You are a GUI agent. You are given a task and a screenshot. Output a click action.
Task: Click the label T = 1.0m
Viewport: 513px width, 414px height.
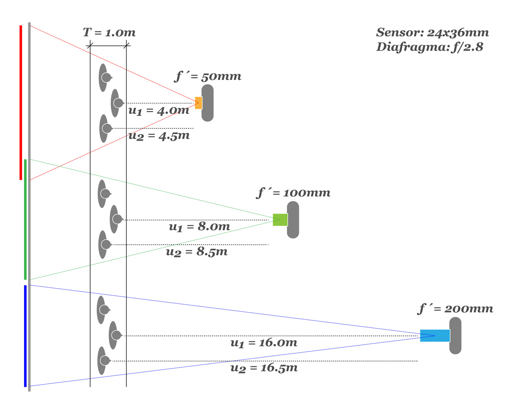pos(109,32)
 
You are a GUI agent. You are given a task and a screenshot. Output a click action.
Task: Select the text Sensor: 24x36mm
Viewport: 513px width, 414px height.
pos(432,32)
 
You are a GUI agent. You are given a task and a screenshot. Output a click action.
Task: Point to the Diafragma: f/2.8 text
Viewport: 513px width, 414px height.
pos(429,47)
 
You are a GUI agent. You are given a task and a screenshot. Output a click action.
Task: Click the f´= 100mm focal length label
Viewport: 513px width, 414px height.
pos(294,193)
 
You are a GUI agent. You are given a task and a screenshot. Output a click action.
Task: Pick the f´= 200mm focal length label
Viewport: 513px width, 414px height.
pos(456,308)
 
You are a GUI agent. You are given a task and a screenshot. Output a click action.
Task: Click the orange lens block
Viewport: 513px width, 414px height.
pos(198,103)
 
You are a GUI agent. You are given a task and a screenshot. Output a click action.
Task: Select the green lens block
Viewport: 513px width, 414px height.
pos(280,219)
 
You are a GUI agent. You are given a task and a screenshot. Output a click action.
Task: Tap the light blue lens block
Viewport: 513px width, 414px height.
pos(434,335)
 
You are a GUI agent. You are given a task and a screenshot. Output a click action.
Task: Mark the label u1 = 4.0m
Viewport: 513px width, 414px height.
pos(159,111)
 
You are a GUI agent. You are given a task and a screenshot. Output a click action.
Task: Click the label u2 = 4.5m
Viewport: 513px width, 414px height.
pos(159,136)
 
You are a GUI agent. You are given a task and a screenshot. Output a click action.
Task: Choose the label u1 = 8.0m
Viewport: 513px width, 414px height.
pos(199,226)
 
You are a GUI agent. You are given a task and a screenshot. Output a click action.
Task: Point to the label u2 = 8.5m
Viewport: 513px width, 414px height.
pos(197,252)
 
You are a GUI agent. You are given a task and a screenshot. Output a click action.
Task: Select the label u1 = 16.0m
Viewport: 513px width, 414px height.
pos(264,343)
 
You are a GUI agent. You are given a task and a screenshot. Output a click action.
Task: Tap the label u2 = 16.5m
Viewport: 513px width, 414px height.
pos(264,368)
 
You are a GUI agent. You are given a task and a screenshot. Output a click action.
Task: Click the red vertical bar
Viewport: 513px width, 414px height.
pos(21,103)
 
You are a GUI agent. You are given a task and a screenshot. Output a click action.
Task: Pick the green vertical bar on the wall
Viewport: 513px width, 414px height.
pos(25,219)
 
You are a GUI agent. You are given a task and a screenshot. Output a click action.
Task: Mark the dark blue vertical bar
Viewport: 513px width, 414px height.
pos(25,336)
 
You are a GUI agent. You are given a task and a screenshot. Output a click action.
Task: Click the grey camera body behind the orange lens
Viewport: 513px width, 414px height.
pos(208,103)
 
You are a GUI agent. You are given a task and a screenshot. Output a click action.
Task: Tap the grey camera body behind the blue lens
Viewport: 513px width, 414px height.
pos(456,335)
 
